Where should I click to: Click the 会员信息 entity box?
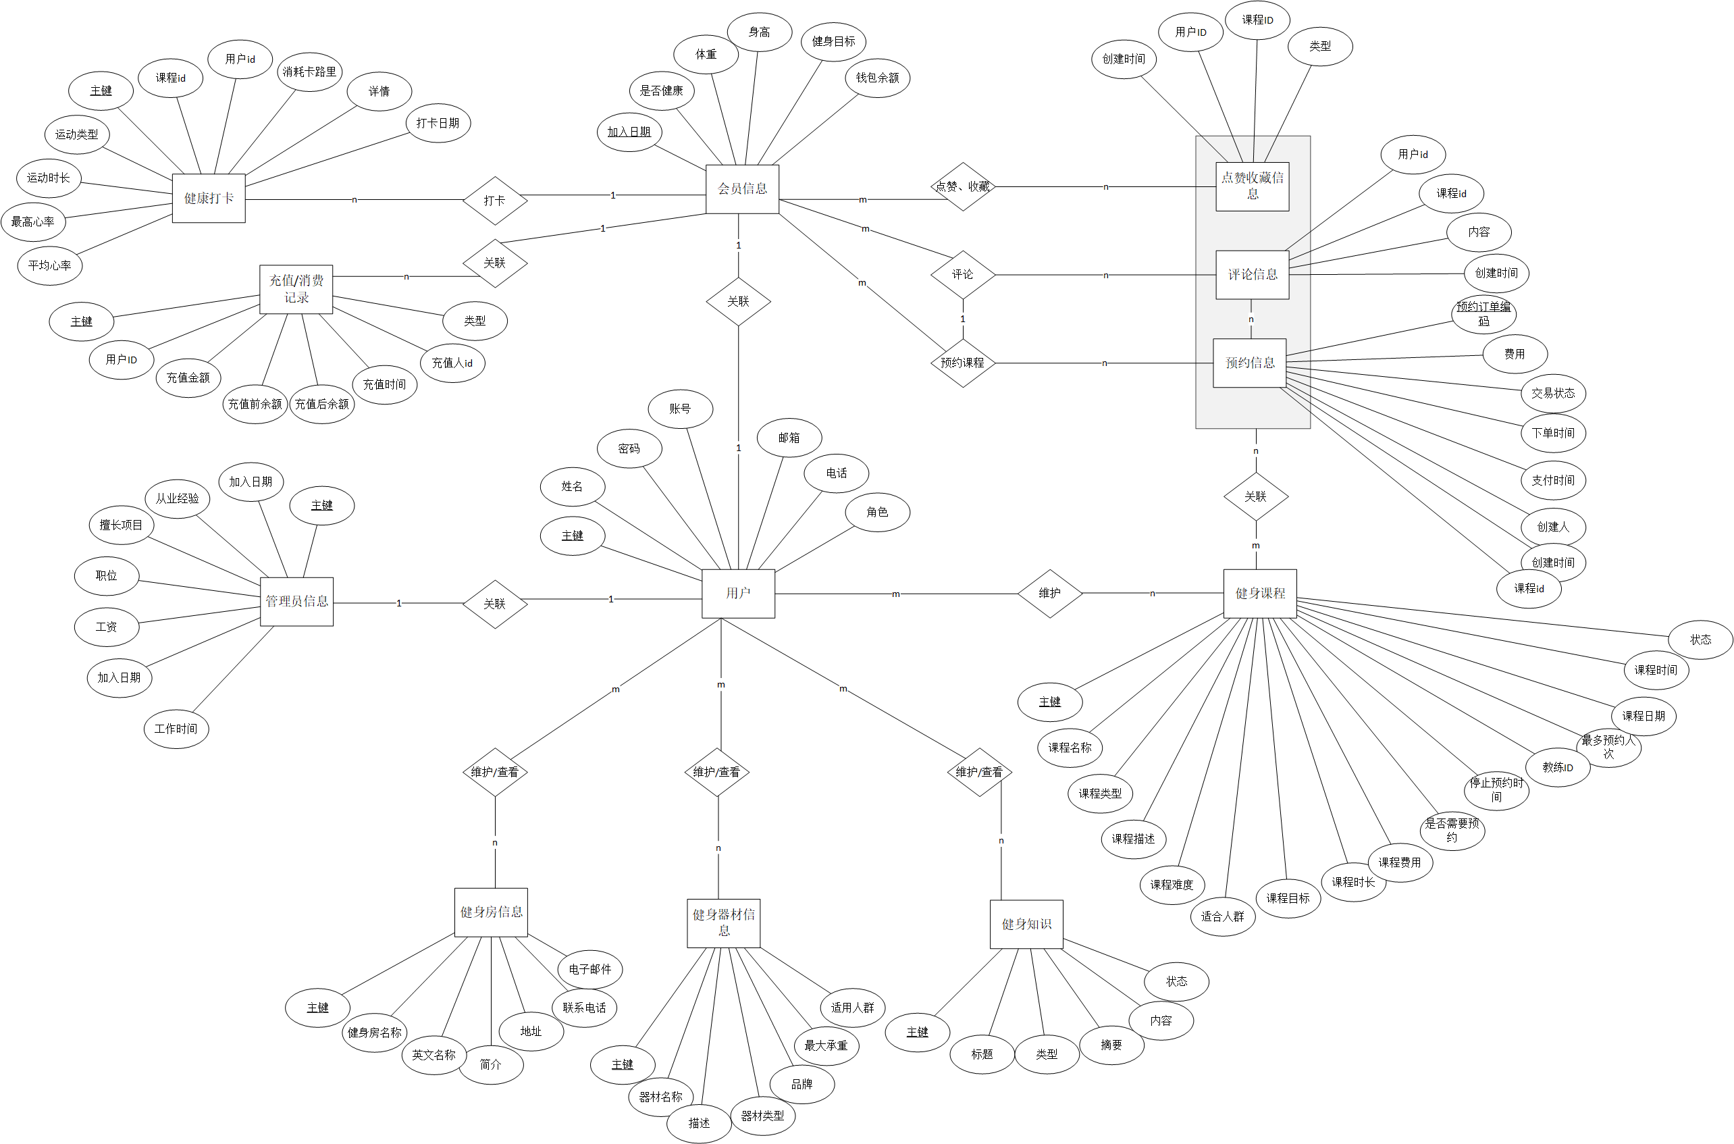tap(742, 189)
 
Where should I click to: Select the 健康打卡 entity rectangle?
tap(209, 198)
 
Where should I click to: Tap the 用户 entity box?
tap(737, 593)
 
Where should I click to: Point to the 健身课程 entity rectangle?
tap(1259, 593)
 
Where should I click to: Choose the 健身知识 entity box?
tap(1026, 924)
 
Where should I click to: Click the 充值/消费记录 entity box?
tap(296, 289)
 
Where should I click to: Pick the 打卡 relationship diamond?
tap(494, 200)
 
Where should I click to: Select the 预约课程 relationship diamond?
tap(962, 363)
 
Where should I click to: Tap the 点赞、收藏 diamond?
tap(963, 187)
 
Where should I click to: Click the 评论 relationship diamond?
tap(962, 274)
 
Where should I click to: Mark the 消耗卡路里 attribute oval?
tap(309, 72)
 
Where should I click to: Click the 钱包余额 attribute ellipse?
tap(877, 78)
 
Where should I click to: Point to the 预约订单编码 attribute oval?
tap(1483, 314)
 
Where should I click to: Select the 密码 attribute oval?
tap(629, 448)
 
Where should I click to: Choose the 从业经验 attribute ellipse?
tap(178, 498)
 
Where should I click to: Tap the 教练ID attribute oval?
tap(1558, 766)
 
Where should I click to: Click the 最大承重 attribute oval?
tap(826, 1045)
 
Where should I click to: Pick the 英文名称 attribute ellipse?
tap(433, 1054)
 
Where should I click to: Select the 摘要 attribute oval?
tap(1111, 1045)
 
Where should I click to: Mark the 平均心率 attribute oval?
tap(49, 265)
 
